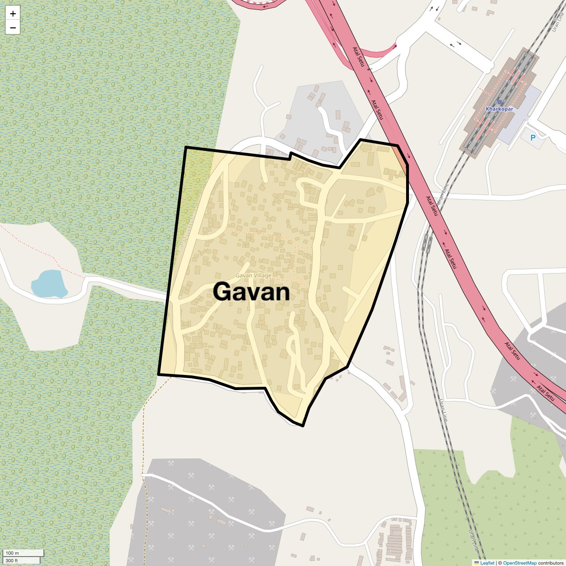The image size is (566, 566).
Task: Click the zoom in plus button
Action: coord(13,14)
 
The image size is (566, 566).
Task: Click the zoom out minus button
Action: coord(13,28)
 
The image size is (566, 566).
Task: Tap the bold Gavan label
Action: coord(251,291)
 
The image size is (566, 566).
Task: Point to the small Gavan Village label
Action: coord(253,275)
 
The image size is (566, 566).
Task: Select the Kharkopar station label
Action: coord(499,109)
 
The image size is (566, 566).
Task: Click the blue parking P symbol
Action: coord(533,138)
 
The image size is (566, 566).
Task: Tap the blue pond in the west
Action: coord(49,284)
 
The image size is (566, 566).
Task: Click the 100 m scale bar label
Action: coord(12,553)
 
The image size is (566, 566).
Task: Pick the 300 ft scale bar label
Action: coord(12,560)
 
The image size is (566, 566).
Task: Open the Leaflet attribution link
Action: coord(487,563)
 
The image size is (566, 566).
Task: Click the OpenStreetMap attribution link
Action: coord(520,563)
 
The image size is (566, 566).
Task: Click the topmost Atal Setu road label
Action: coord(358,57)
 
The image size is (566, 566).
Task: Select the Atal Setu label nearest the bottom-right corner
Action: coord(545,393)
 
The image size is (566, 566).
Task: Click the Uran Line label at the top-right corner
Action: coord(558,21)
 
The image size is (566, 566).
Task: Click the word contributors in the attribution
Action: coord(550,563)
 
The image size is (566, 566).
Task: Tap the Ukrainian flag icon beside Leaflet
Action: coord(477,563)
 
